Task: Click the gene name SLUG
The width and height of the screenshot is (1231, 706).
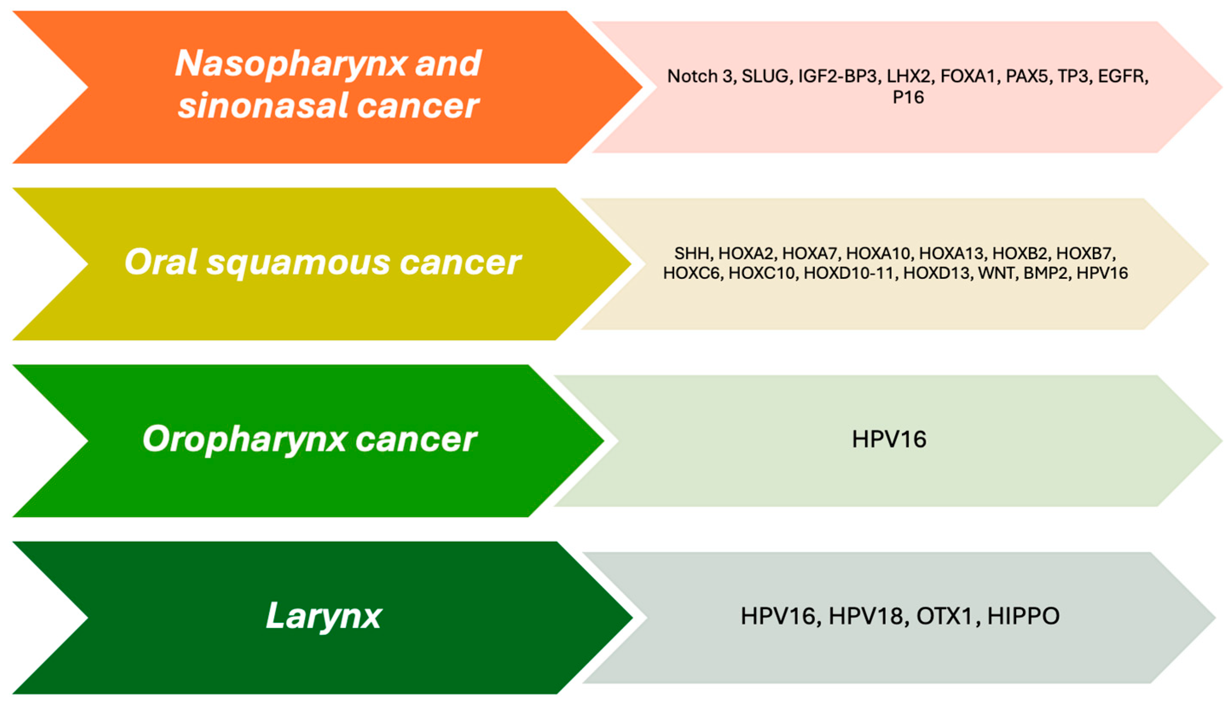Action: click(765, 77)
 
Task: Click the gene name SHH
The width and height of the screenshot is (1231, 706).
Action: click(692, 253)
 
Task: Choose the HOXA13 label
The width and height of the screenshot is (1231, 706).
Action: click(951, 253)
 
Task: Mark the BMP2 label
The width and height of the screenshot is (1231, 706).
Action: click(1046, 273)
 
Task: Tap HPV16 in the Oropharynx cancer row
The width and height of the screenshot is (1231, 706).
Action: click(889, 439)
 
